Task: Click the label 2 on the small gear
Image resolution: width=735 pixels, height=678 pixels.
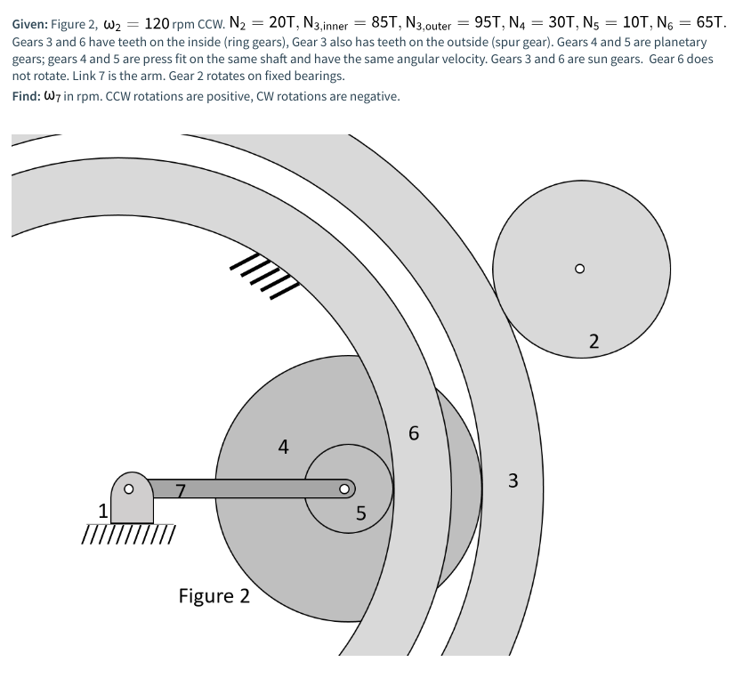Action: [594, 340]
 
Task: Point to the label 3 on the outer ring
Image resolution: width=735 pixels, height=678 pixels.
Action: [512, 481]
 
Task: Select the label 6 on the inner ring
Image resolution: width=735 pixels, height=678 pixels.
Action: [414, 434]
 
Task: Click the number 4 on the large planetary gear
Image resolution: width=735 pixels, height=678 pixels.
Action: [283, 448]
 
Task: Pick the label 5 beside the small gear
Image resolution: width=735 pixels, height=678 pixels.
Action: [360, 513]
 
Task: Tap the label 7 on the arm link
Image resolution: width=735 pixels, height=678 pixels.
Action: [181, 489]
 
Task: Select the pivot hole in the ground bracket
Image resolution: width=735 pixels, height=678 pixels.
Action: [129, 488]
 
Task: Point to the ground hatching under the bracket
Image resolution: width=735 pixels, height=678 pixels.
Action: [128, 534]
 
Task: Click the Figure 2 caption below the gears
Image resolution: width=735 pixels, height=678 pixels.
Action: [214, 595]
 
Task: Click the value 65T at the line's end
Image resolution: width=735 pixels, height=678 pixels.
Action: [707, 23]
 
